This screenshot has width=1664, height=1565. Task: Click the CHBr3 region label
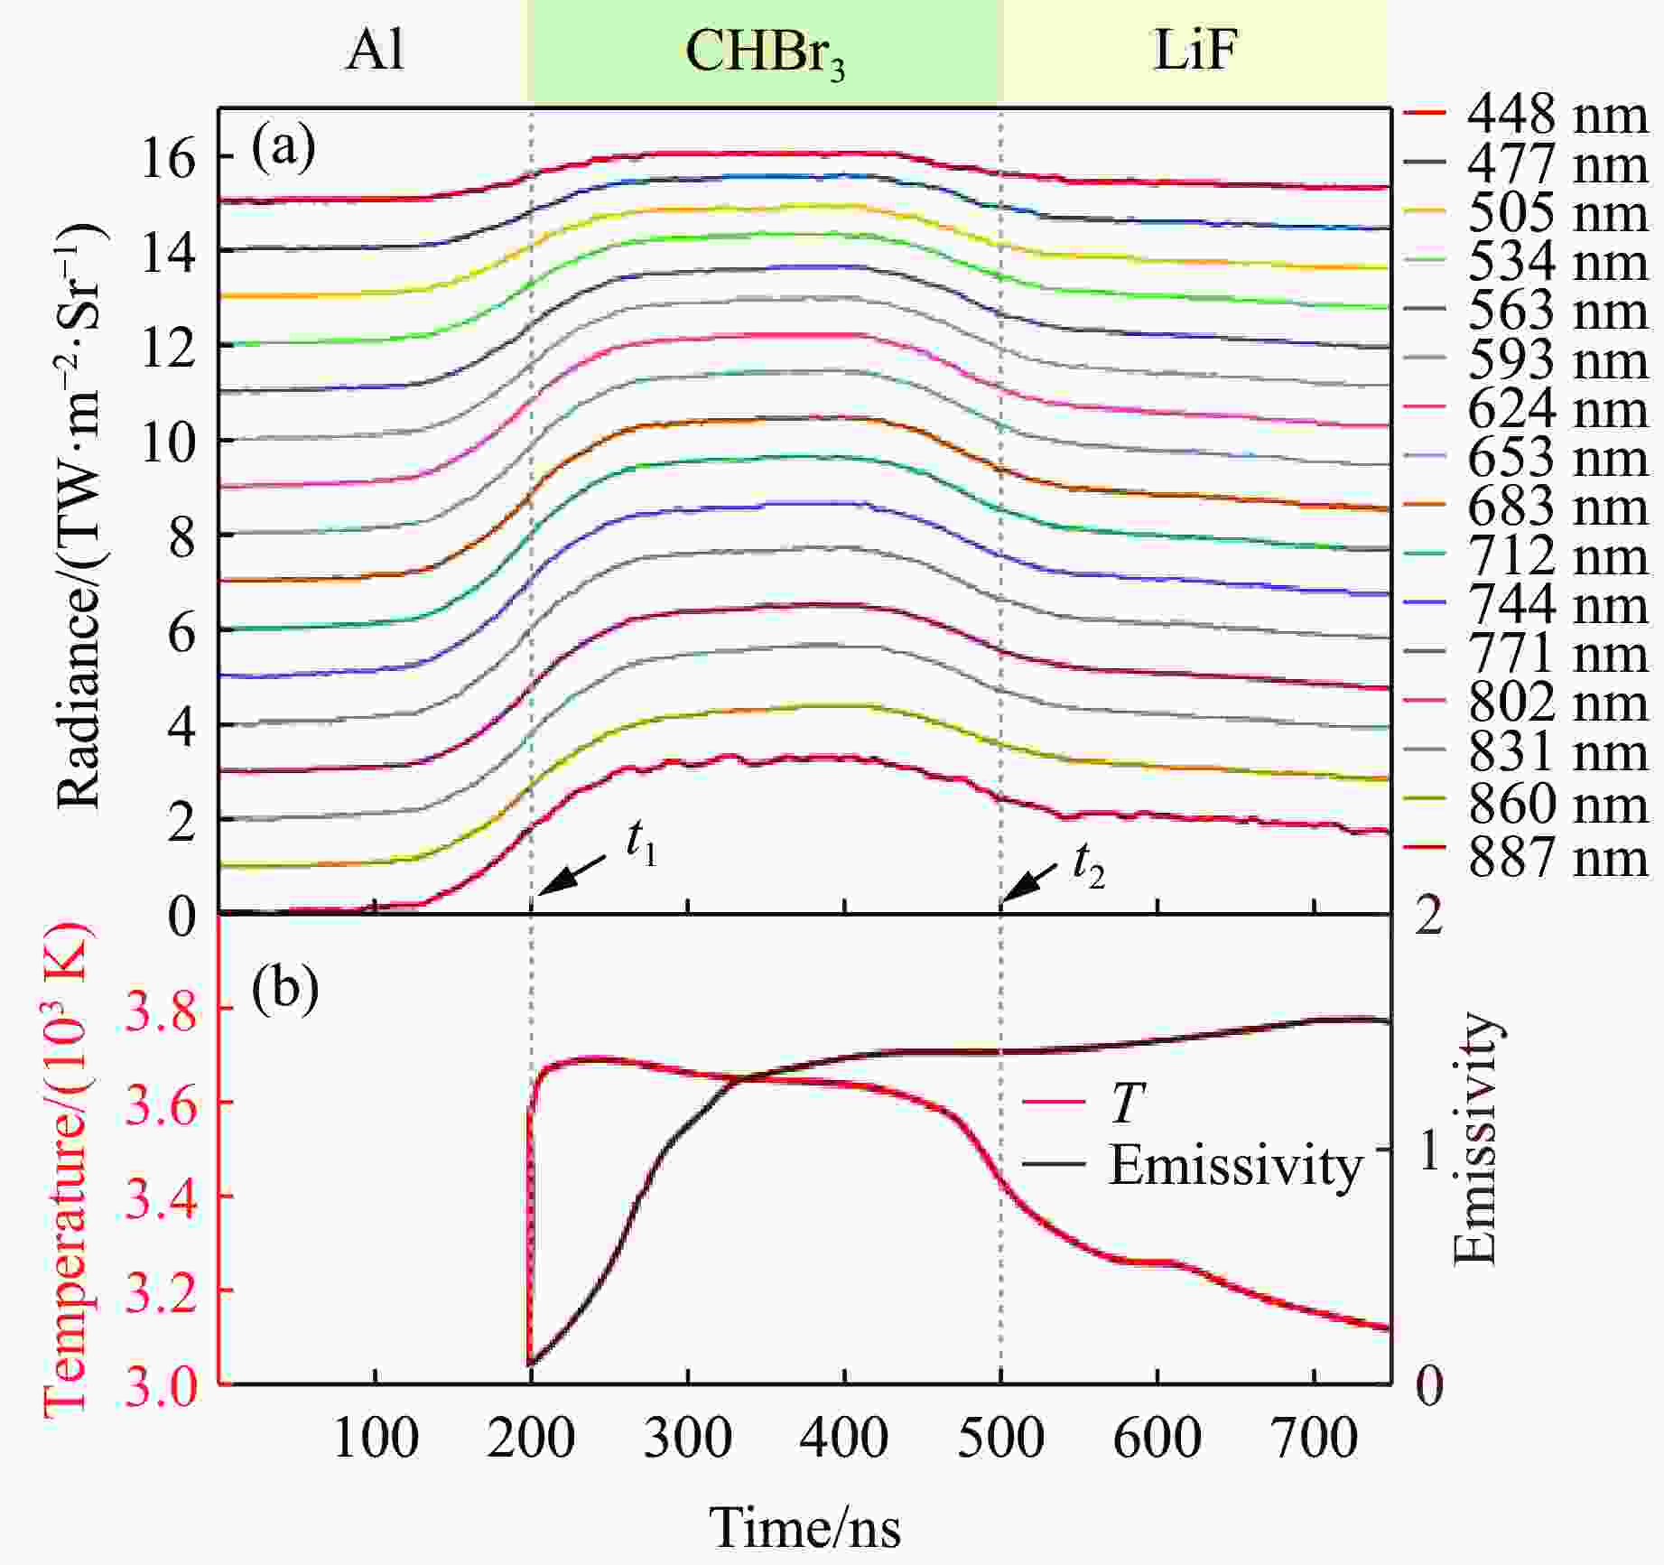[x=765, y=52]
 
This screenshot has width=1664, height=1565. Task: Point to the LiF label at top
[x=1194, y=52]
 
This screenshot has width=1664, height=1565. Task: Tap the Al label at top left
[x=374, y=52]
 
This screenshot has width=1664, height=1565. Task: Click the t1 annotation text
[x=641, y=846]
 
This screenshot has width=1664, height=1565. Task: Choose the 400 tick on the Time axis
[x=844, y=1436]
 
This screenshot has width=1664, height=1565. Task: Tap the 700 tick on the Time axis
[x=1313, y=1436]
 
